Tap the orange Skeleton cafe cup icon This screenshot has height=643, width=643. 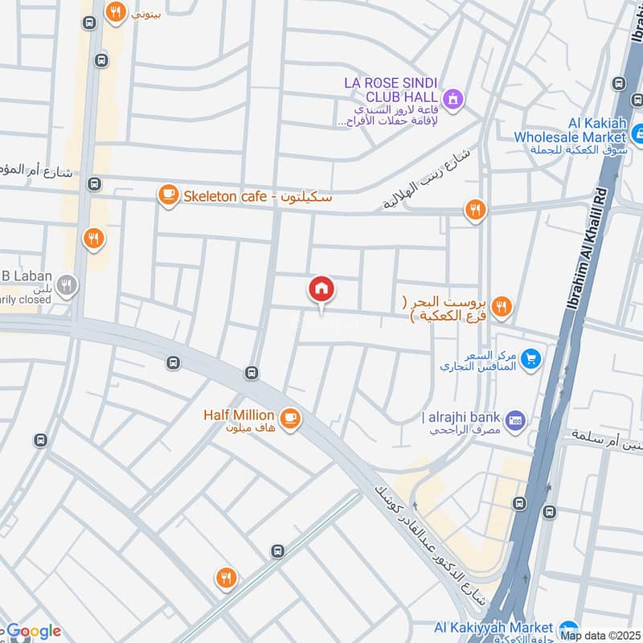(168, 196)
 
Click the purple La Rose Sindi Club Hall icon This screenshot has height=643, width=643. (454, 98)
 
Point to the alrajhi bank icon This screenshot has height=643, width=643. (515, 419)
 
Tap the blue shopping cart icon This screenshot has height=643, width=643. (530, 359)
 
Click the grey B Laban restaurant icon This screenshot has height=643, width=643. (68, 285)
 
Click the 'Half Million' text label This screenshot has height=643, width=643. (239, 416)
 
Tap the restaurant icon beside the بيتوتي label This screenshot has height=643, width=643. (117, 12)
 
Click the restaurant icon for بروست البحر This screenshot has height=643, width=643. (501, 305)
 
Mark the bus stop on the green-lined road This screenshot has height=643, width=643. (278, 551)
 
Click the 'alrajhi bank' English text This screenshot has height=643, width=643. (462, 417)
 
